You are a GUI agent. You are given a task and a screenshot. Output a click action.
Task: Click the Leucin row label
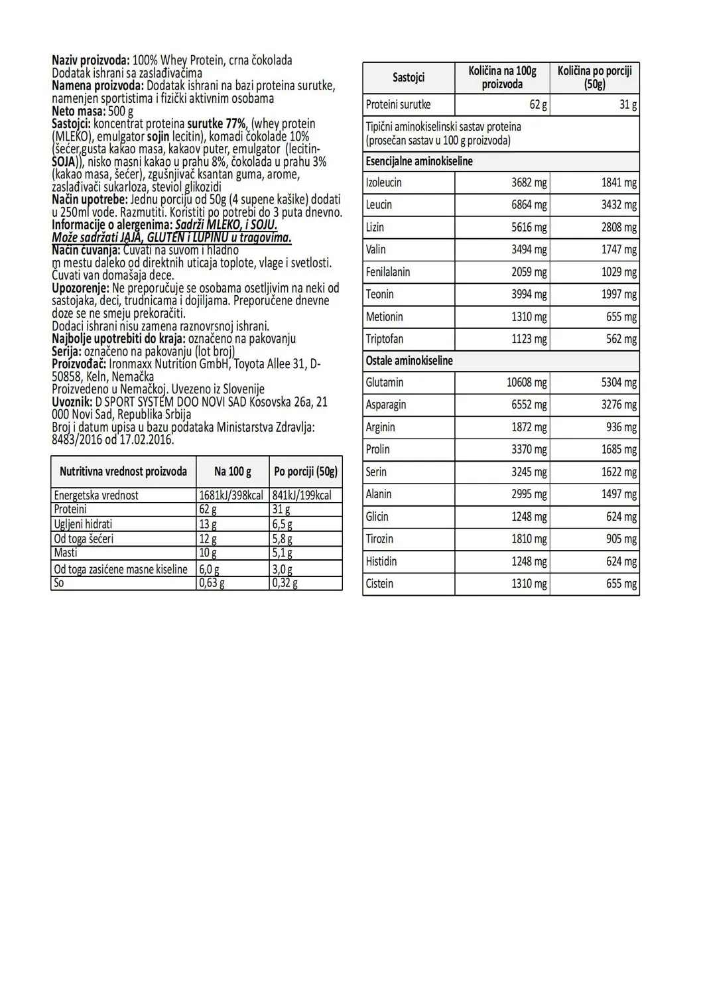click(379, 205)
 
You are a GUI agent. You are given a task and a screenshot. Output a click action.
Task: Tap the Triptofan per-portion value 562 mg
click(621, 339)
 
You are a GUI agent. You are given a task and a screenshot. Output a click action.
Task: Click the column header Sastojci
click(409, 78)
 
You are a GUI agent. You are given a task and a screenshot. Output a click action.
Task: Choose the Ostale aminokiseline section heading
click(409, 361)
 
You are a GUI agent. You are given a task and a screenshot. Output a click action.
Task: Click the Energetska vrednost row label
click(96, 495)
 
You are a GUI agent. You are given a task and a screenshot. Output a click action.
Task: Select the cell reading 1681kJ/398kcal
click(231, 495)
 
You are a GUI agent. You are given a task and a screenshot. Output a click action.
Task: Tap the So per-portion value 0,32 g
click(285, 584)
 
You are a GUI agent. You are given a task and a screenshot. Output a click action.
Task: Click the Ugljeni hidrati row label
click(83, 524)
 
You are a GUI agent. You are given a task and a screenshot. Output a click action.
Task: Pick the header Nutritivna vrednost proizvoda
click(123, 472)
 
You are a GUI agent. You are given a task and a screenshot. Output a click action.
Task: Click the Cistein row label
click(379, 584)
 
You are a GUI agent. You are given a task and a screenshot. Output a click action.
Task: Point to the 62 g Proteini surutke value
click(538, 105)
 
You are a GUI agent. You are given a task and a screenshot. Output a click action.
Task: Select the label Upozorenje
click(80, 289)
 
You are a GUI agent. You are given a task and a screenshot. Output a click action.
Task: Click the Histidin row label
click(381, 561)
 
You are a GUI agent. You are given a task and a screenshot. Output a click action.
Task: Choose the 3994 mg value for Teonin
click(529, 295)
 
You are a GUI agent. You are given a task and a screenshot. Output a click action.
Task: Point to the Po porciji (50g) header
click(306, 472)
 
